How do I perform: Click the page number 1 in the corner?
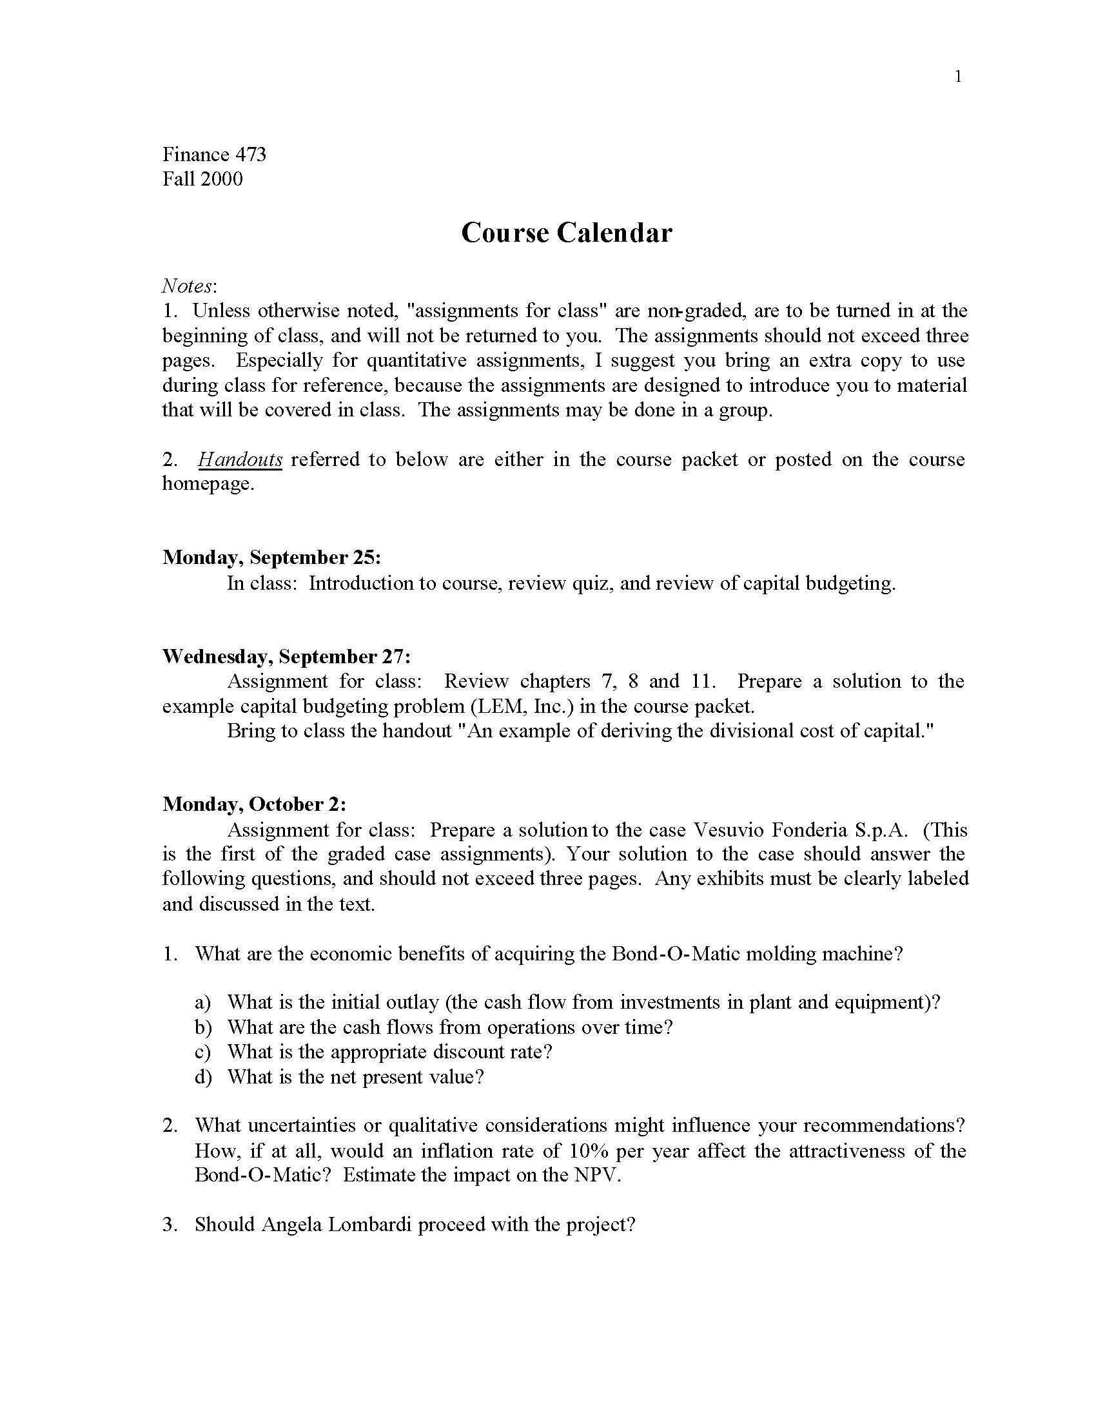click(958, 77)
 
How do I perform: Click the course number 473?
click(251, 155)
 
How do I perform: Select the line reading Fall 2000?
click(202, 179)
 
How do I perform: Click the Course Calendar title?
click(566, 233)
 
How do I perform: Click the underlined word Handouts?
click(240, 460)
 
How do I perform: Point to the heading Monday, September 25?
click(271, 558)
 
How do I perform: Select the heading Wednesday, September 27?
click(286, 656)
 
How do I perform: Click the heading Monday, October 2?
click(254, 804)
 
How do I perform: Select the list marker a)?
click(202, 1002)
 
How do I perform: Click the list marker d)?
click(202, 1077)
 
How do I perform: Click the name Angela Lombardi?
click(337, 1225)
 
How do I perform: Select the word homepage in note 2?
click(206, 484)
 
